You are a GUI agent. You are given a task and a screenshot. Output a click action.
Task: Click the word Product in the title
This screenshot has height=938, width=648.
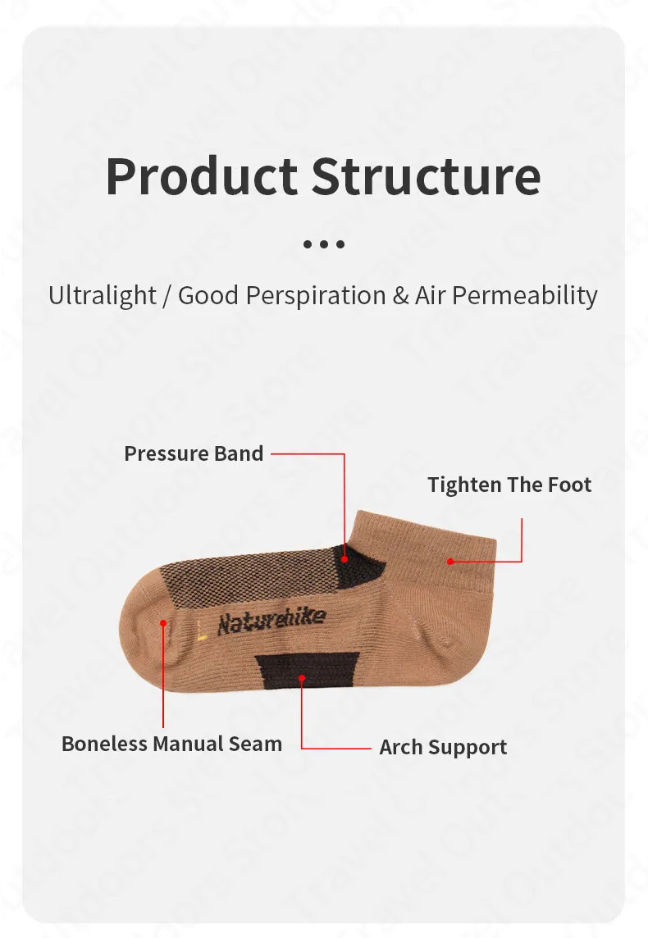click(202, 177)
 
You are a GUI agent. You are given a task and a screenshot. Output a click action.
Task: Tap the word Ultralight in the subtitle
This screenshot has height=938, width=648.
click(103, 295)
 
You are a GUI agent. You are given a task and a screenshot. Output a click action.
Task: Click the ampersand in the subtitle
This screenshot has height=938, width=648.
click(400, 296)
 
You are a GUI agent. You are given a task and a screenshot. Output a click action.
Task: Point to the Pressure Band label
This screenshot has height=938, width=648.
click(194, 453)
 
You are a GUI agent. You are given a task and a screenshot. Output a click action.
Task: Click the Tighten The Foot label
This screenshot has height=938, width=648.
click(509, 485)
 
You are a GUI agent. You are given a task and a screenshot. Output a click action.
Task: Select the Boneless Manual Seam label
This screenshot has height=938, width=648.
click(171, 744)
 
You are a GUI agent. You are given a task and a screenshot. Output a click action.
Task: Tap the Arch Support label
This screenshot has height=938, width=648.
click(443, 747)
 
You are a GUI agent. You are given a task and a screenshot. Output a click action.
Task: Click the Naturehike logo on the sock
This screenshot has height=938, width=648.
click(272, 622)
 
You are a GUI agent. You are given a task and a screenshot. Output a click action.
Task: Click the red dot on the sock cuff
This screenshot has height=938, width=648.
click(450, 561)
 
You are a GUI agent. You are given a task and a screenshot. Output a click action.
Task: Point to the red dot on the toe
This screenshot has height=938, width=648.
click(163, 623)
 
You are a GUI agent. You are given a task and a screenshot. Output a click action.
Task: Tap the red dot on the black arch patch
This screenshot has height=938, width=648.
click(302, 678)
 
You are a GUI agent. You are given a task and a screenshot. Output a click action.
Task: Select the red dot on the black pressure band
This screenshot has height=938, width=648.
click(345, 559)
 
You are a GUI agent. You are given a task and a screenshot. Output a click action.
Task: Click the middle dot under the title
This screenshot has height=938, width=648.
click(324, 244)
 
